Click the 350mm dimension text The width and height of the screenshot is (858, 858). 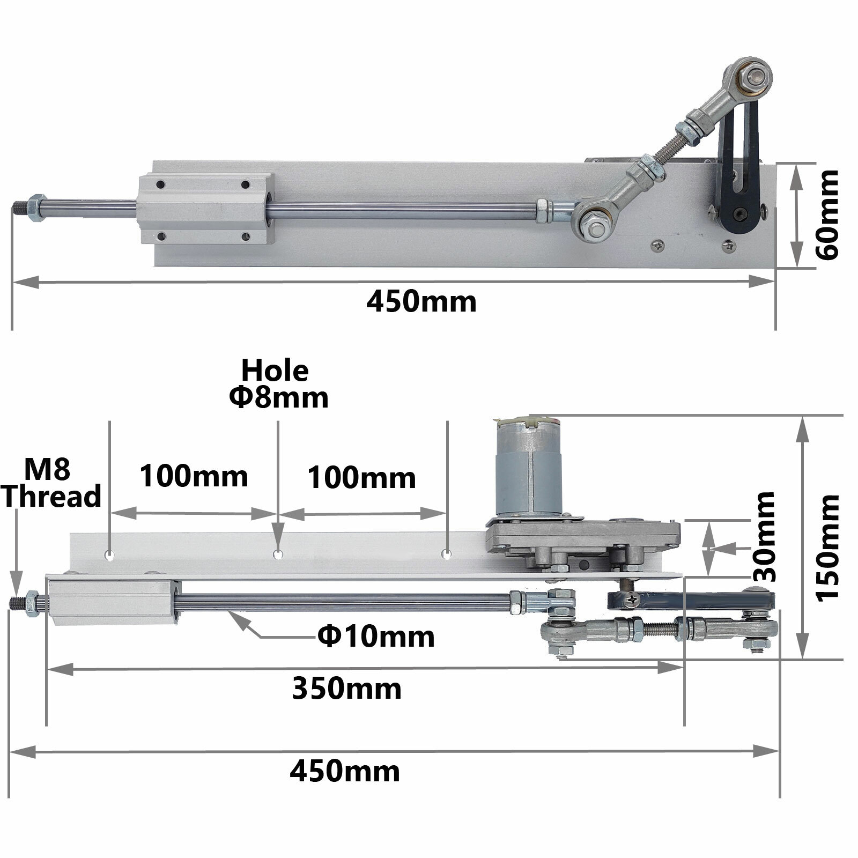point(346,689)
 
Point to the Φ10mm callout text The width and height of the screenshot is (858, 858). point(376,637)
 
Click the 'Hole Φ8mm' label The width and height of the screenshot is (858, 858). point(278,384)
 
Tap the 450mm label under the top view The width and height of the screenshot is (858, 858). point(421,302)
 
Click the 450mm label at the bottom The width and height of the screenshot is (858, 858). point(345,772)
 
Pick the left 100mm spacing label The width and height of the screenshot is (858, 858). point(194,476)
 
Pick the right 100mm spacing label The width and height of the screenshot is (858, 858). point(361,478)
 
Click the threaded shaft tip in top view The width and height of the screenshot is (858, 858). point(20,206)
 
